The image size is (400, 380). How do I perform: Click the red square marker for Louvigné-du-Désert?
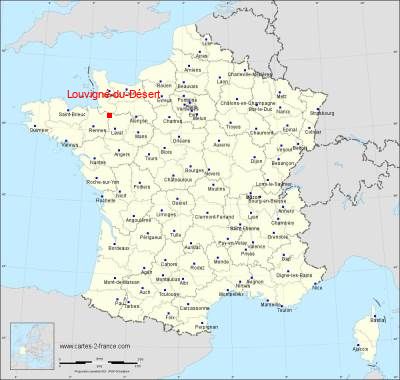coord(109,115)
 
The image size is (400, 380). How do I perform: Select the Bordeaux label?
coord(118,247)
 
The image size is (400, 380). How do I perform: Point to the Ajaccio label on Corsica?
coord(361,349)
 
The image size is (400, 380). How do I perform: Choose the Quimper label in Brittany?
coord(39,130)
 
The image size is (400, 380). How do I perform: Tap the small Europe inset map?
coord(31,345)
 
